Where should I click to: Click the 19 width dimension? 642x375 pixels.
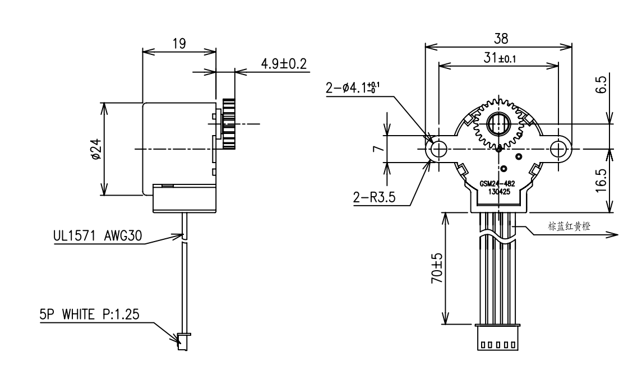179,44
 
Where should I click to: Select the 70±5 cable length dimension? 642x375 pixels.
436,268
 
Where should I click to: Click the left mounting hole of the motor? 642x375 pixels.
438,149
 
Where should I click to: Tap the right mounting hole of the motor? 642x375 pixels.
559,149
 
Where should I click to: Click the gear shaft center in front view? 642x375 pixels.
498,123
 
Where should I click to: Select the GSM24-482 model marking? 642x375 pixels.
497,184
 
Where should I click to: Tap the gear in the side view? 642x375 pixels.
228,123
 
